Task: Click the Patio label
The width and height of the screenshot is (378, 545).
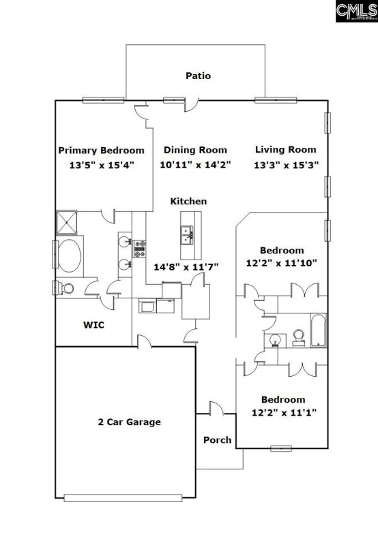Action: (198, 76)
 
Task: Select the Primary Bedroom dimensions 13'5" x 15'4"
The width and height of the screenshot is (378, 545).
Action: (101, 165)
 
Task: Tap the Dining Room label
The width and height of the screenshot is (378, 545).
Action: (194, 150)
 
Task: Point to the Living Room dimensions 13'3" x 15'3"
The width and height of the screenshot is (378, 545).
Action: (286, 165)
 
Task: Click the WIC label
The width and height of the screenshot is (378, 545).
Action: (93, 325)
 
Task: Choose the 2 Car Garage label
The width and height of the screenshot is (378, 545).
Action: (129, 422)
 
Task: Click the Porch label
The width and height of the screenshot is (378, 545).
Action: (217, 439)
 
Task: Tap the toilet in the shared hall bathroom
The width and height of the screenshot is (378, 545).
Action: (299, 335)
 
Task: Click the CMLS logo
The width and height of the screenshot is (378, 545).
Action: (355, 12)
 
